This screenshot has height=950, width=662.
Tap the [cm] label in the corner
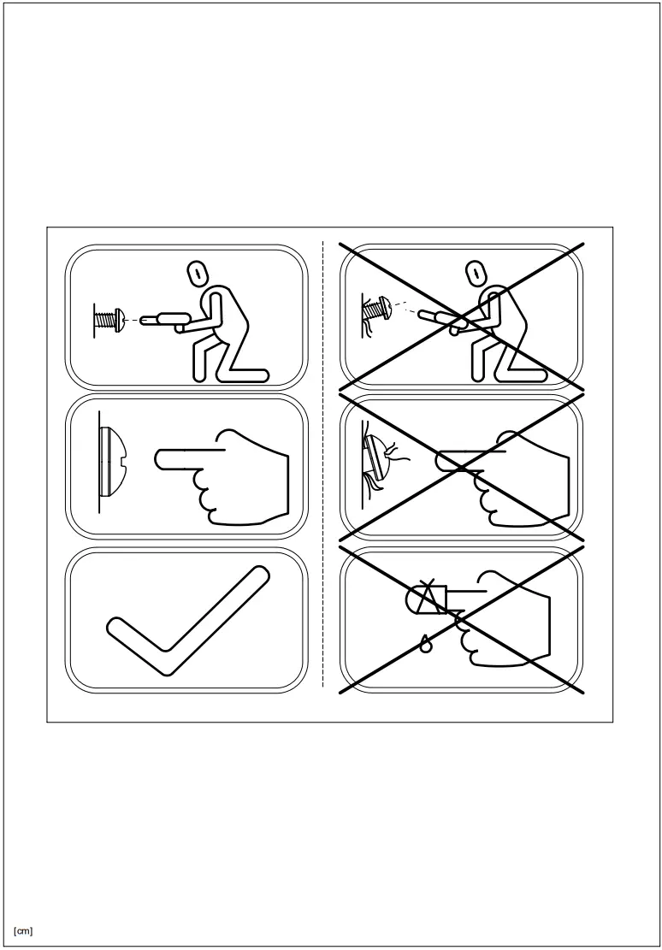coord(23,930)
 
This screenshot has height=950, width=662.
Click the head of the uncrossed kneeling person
coord(196,274)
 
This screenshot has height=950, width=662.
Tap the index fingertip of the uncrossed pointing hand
coord(160,460)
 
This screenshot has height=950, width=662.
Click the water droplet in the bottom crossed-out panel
coord(425,645)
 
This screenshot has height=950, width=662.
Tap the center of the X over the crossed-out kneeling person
coord(462,317)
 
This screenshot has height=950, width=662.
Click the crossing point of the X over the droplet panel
coord(462,620)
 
